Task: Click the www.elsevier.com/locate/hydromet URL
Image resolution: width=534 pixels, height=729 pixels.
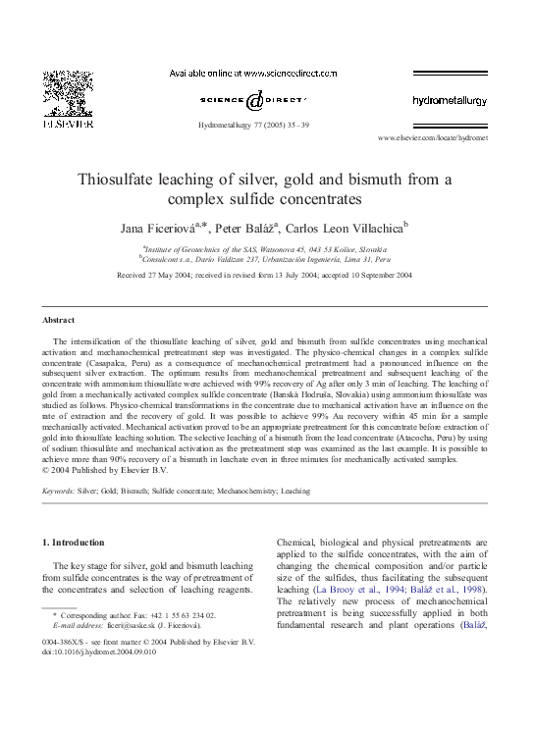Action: point(432,139)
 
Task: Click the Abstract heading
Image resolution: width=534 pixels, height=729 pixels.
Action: point(60,321)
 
